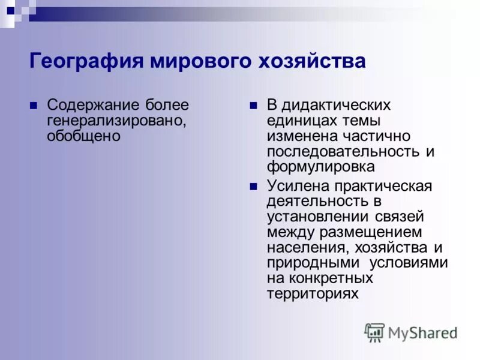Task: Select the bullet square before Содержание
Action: click(34, 106)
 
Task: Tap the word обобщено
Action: click(83, 136)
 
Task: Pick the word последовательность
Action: click(344, 151)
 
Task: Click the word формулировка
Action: click(320, 166)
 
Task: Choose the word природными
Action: click(311, 263)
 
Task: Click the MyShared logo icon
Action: click(375, 332)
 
